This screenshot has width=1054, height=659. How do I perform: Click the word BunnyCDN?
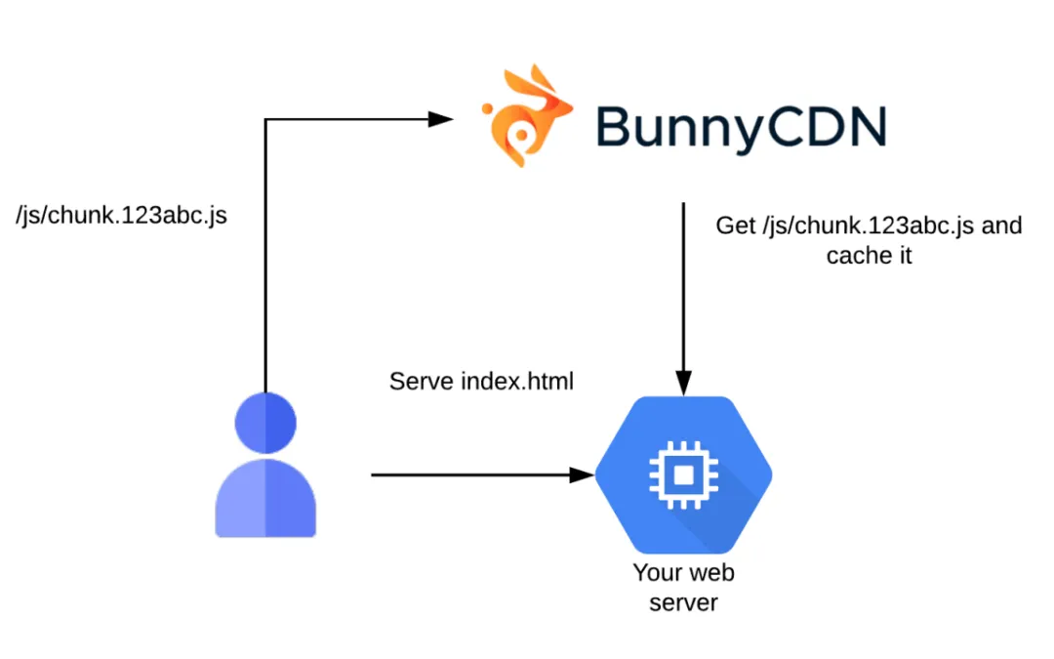click(x=741, y=126)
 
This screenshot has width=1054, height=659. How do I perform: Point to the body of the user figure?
click(x=265, y=498)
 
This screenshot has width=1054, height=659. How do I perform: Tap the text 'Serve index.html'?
click(x=481, y=381)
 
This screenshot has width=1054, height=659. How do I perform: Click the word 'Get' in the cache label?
click(x=736, y=227)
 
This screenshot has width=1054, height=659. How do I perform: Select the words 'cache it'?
click(x=869, y=257)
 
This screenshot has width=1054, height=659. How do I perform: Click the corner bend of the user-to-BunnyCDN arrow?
click(x=265, y=119)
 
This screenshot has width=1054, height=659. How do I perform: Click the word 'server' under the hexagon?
click(x=683, y=603)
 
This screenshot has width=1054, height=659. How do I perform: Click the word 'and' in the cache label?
click(x=1001, y=227)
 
